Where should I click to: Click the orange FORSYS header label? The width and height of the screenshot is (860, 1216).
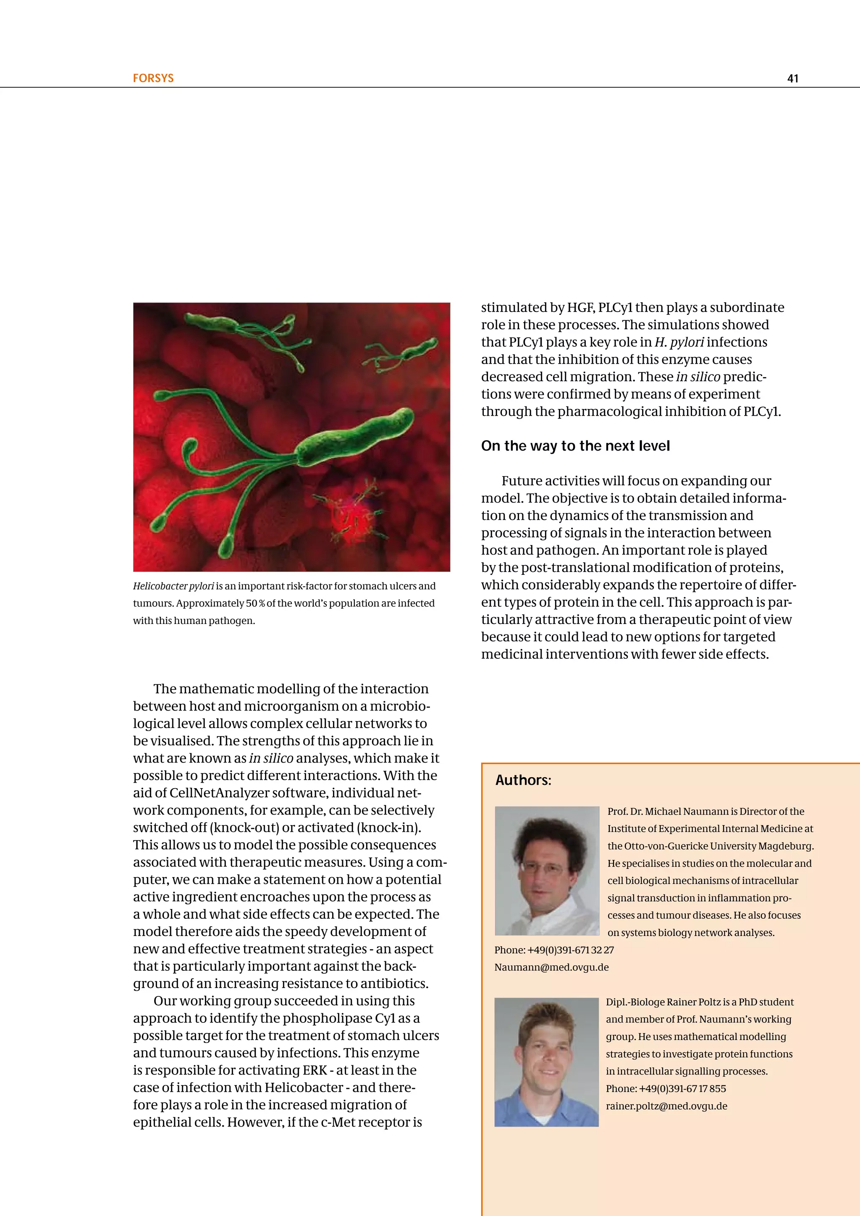[153, 79]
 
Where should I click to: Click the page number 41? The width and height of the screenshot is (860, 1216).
[792, 79]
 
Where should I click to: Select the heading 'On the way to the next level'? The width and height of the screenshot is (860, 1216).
[575, 446]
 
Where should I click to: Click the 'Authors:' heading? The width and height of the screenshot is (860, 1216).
[523, 780]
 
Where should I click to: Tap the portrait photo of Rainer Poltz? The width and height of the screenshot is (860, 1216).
[546, 1062]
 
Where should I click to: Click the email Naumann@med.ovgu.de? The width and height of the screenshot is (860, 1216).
[551, 967]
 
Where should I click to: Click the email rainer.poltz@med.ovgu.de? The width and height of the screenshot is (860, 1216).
[666, 1106]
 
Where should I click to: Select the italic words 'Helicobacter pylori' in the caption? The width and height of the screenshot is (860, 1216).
[173, 586]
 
